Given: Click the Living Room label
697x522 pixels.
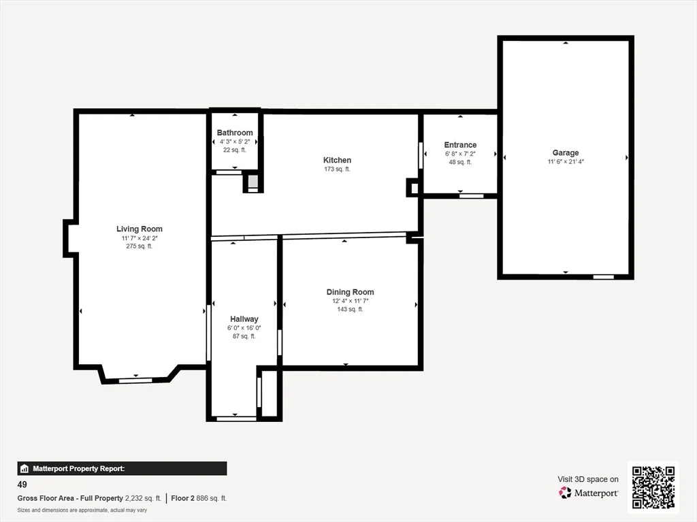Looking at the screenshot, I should coord(140,229).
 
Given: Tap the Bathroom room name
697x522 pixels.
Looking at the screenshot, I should coord(235,133).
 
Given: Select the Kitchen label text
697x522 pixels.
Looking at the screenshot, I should coord(337,161).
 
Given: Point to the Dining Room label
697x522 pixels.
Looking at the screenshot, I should coord(350,292).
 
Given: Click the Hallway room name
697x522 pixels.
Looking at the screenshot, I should coord(244,319).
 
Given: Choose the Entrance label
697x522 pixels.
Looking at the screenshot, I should coord(460,145).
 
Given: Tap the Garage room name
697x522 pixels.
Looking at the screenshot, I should coord(565,153).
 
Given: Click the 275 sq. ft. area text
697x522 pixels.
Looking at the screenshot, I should coord(140,246).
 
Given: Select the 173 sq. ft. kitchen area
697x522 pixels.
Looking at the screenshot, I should coord(337,169).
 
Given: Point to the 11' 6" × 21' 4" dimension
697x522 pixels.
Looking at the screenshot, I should coord(565,162).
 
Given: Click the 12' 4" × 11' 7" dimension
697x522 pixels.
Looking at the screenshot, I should coord(350,301).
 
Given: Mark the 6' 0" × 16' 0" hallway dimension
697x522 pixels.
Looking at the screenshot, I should coord(244,328).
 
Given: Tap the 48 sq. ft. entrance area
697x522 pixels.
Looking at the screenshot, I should coord(460,162).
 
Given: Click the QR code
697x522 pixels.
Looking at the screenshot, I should coord(653,487).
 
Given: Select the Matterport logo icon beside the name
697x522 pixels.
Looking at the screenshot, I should coord(565,493).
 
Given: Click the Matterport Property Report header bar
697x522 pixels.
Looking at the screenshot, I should coord(122,468).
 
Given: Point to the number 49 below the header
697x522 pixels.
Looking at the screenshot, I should coord(22,485).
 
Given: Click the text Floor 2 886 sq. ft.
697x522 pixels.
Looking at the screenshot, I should coord(199,498).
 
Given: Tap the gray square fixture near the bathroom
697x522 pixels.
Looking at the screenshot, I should coord(253,182).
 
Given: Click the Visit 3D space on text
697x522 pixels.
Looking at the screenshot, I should coord(588,480).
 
